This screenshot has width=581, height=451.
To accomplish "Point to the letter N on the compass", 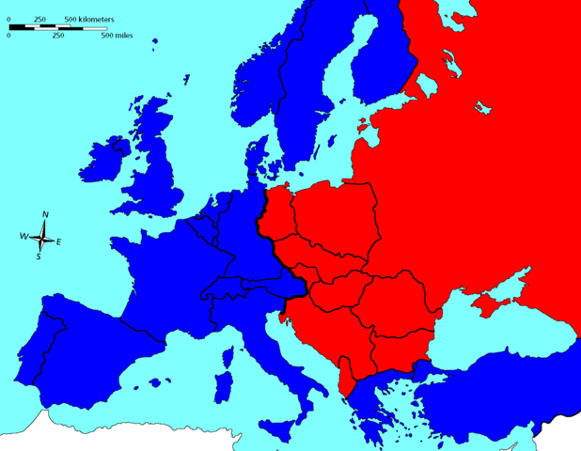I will [x=45, y=216].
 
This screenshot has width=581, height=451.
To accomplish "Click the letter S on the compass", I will [x=39, y=256].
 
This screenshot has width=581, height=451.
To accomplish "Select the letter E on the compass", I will [x=59, y=242].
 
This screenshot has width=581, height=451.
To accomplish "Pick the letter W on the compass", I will [x=24, y=236].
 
